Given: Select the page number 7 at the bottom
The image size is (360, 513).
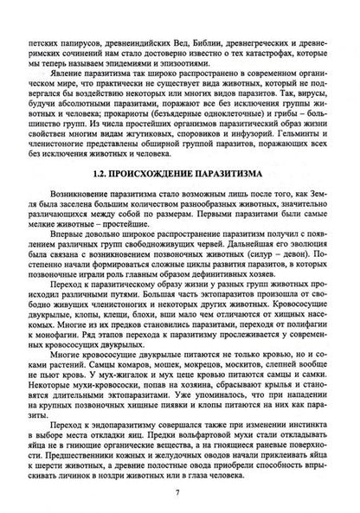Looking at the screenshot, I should pos(180,496).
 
